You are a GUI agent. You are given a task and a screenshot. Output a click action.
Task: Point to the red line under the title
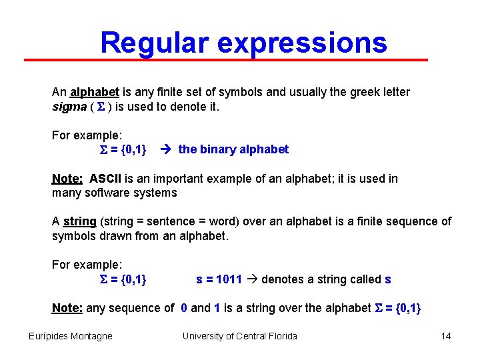[x=227, y=60]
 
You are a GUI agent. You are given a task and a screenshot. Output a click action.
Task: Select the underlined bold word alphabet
[x=95, y=92]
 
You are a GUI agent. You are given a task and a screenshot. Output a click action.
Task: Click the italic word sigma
[x=69, y=107]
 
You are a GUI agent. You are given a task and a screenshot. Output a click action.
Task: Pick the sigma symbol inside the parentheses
[x=102, y=107]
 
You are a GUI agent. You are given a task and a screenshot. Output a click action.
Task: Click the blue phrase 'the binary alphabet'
[x=233, y=149]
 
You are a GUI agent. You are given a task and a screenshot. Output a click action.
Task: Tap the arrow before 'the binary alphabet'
[x=168, y=149]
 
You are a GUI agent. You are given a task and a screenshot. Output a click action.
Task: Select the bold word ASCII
[x=105, y=179]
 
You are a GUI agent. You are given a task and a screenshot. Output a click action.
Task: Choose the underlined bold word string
[x=79, y=221]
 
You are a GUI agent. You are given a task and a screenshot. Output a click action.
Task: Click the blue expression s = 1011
[x=219, y=279]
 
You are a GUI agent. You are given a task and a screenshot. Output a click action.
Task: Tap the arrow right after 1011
[x=252, y=279]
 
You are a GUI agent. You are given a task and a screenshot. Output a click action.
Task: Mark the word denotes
[x=281, y=279]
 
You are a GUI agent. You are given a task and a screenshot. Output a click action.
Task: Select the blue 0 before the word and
[x=184, y=308]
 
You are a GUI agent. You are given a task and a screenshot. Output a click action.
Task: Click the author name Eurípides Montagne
[x=71, y=336]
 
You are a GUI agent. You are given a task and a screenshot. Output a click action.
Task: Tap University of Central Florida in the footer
[x=240, y=336]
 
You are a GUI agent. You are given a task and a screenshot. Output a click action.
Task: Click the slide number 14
[x=446, y=336]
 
